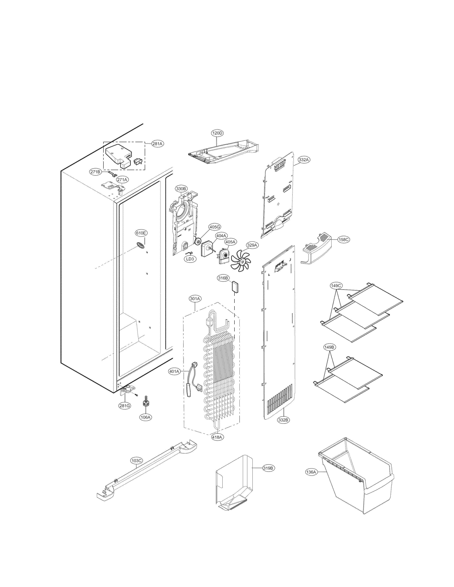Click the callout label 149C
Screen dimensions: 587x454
(x=336, y=286)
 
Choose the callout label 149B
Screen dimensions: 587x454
(x=329, y=347)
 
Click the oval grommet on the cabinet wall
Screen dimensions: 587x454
(x=140, y=245)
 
